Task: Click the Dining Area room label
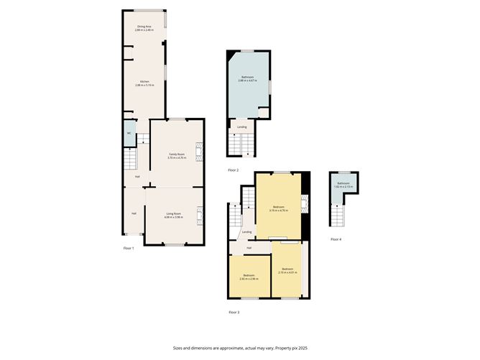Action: pos(144,28)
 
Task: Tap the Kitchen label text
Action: pos(144,83)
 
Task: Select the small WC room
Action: pos(129,134)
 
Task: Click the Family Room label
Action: pos(176,155)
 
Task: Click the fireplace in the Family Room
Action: pos(201,152)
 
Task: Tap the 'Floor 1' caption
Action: pos(128,248)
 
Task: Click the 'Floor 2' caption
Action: pos(233,170)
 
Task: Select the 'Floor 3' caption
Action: pos(234,313)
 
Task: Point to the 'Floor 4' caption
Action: pos(336,239)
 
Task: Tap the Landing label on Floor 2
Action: pos(242,127)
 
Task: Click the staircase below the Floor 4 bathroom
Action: pos(336,215)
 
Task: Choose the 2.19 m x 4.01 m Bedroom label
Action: pos(288,272)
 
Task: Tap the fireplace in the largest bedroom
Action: pos(304,205)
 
